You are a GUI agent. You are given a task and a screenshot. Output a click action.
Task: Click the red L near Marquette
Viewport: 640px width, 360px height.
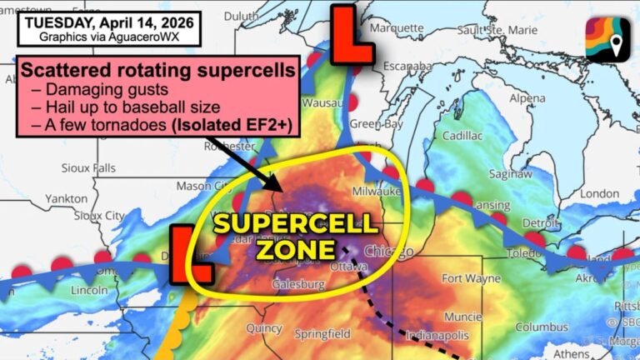click(x=351, y=35)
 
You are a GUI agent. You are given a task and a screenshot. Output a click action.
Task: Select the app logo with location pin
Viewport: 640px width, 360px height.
click(x=607, y=38)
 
